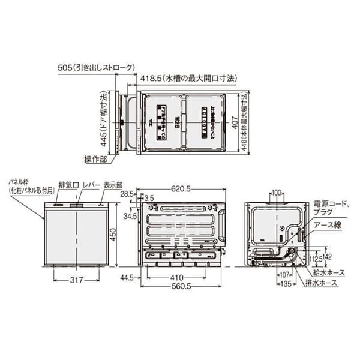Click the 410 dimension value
click(x=175, y=278)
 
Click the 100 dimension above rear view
click(x=275, y=193)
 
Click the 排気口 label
click(x=68, y=186)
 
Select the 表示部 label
click(x=112, y=186)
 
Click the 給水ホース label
click(x=329, y=272)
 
